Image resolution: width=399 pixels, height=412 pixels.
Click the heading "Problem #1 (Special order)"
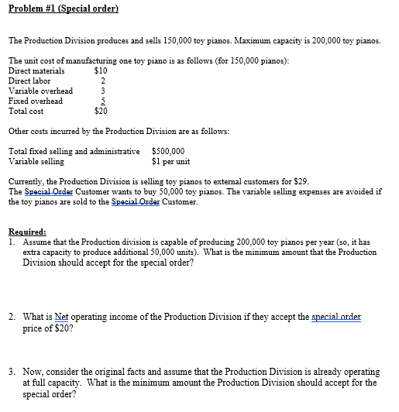coord(63,9)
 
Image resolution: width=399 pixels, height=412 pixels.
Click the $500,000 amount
coord(169,152)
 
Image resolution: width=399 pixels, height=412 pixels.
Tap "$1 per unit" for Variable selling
coord(171,162)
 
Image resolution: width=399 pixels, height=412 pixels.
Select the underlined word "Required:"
coord(27,232)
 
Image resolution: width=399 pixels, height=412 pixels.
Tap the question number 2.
coord(12,318)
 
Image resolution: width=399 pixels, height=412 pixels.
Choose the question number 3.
coord(12,373)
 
